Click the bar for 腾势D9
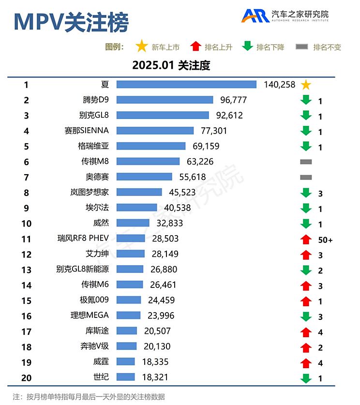tap(165, 100)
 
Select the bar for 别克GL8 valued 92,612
tap(163, 115)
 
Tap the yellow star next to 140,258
tap(305, 85)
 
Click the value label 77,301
tap(213, 131)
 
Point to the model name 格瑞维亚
tap(93, 146)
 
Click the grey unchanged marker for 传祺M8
tap(305, 162)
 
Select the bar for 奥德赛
tap(144, 177)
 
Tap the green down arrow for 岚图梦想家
tap(305, 193)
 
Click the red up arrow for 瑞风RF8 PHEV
tap(305, 239)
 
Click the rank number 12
tap(26, 254)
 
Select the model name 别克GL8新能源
tap(82, 269)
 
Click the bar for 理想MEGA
tap(128, 315)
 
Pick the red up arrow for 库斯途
tap(305, 331)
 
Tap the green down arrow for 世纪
tap(305, 377)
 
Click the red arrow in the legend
tap(195, 46)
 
